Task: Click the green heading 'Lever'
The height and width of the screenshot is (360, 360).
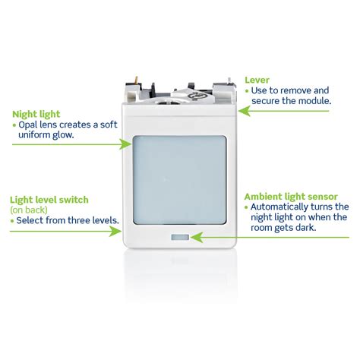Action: (x=257, y=78)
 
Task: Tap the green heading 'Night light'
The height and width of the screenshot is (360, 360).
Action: (x=36, y=115)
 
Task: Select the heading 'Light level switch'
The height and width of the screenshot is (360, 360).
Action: (x=49, y=199)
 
